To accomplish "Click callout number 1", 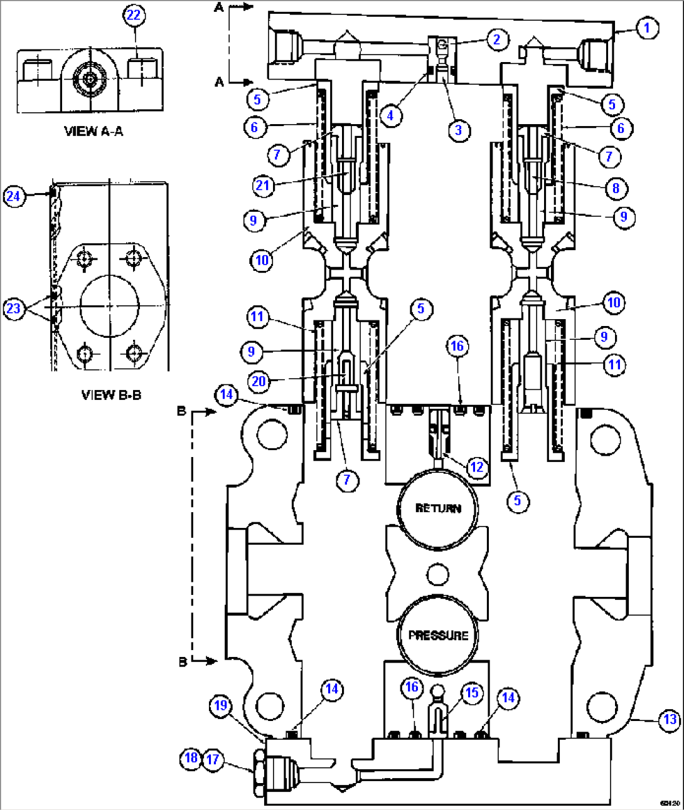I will (x=647, y=28).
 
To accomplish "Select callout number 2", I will (x=497, y=40).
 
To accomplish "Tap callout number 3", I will (x=459, y=130).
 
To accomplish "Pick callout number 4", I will (x=390, y=115).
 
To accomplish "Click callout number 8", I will (x=616, y=188).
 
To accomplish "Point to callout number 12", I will (x=477, y=467).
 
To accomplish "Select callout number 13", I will (x=670, y=719).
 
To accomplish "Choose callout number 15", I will (x=472, y=693).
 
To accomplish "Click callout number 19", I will (x=220, y=706).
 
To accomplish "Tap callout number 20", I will (x=259, y=381).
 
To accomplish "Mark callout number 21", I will (x=263, y=186).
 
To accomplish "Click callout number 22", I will (x=134, y=15).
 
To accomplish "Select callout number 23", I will (x=13, y=308).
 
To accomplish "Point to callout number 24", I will (x=13, y=196).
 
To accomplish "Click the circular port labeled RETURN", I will (x=437, y=508).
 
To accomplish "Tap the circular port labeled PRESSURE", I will (x=437, y=634).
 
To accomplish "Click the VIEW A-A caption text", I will (x=94, y=131).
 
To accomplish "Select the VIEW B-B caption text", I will (x=111, y=395).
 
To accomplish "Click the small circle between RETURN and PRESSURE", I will (x=437, y=573).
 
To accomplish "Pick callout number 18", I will (x=191, y=758).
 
